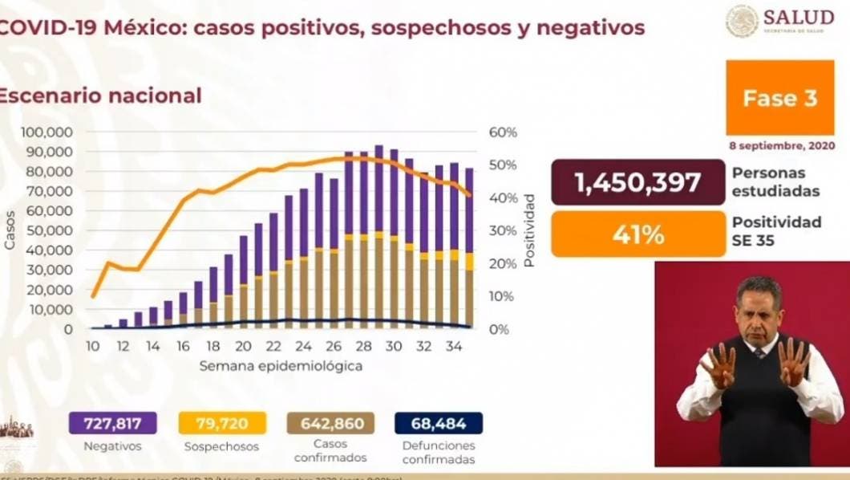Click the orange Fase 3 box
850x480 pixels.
(779, 97)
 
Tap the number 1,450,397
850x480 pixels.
(637, 183)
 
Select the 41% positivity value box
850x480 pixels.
(637, 234)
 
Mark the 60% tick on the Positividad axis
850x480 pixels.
(503, 132)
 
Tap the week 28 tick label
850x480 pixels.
(362, 347)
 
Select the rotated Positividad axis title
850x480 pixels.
(529, 230)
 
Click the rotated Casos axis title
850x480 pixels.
(10, 230)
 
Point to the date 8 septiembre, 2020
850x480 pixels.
(782, 146)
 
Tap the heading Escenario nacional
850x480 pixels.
(99, 96)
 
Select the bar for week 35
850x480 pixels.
(469, 248)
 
